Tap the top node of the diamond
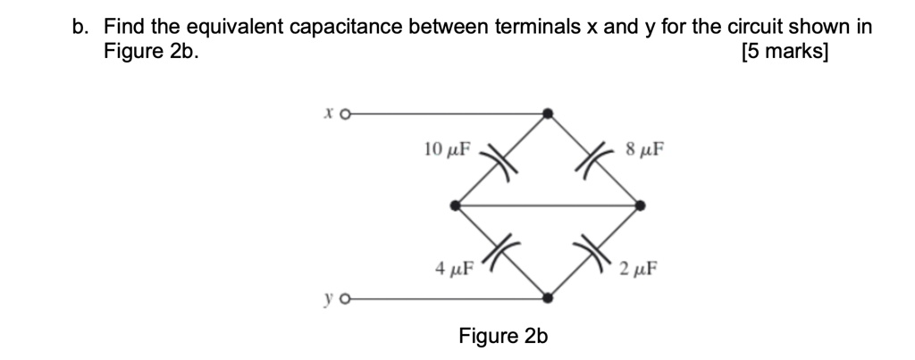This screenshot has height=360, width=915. click(x=548, y=113)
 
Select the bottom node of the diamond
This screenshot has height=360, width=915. click(x=548, y=299)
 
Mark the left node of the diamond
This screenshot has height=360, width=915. click(x=456, y=205)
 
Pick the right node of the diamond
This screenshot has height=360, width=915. click(x=640, y=205)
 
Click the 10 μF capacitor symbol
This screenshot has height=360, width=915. click(x=499, y=161)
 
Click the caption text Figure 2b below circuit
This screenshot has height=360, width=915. click(x=502, y=336)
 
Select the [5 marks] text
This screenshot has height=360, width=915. click(x=785, y=52)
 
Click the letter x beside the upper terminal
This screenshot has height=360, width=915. click(x=330, y=113)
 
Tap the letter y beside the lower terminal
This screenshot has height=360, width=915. click(x=330, y=300)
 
